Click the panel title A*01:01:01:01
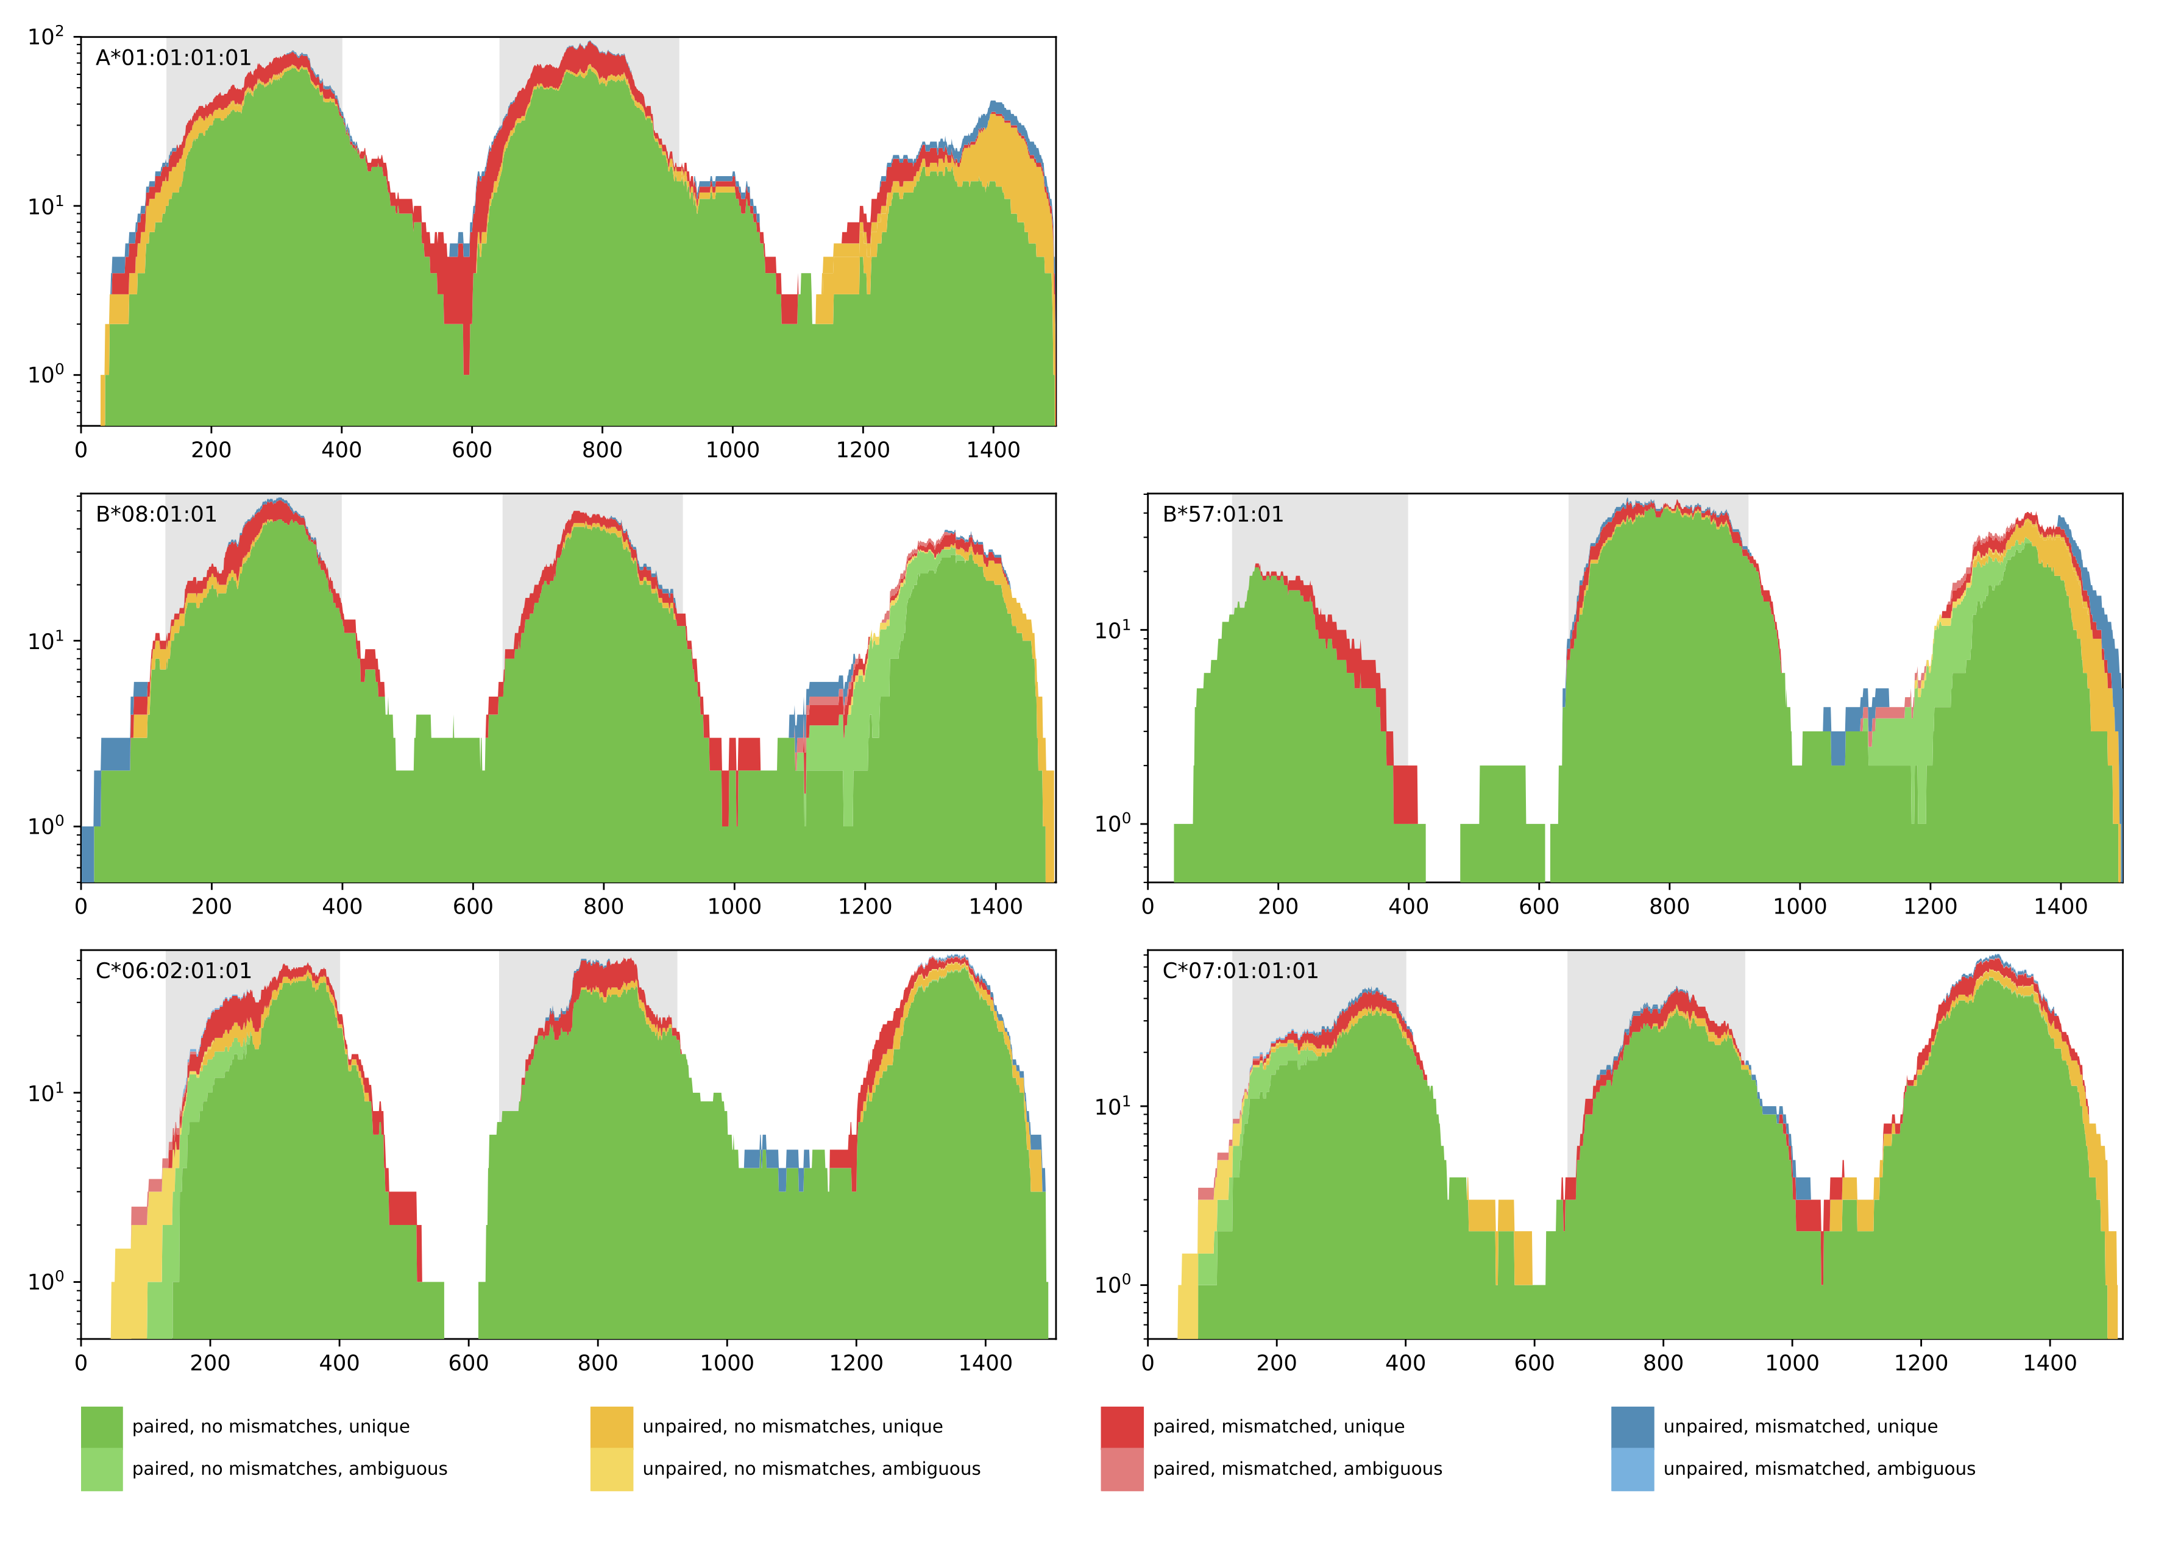pos(174,58)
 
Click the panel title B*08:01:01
pos(156,515)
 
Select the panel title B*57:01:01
pos(1222,515)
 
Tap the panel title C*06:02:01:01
pos(174,971)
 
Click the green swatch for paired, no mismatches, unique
pos(102,1427)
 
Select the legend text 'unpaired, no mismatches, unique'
pos(792,1427)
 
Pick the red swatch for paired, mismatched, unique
pos(1122,1427)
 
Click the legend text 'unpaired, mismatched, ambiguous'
pos(1818,1469)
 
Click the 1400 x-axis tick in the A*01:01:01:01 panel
pos(993,450)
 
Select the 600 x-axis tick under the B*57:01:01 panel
pos(1538,906)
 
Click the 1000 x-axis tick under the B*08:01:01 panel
pos(734,906)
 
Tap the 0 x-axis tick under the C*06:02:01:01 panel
pos(81,1363)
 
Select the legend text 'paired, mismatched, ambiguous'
pos(1297,1469)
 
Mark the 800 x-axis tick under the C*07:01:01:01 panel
pos(1663,1363)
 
